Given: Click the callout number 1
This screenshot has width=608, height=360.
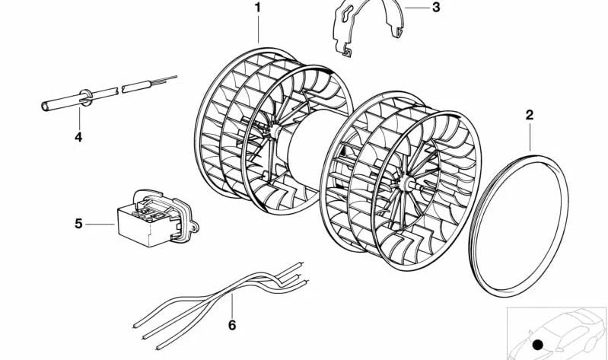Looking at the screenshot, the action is click(257, 8).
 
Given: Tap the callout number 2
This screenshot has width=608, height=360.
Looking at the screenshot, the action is click(530, 115).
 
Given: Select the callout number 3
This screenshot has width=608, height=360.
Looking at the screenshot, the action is click(436, 8).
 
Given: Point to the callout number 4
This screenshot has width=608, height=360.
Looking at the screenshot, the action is click(78, 137).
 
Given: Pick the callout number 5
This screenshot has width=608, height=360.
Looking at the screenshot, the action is click(78, 224).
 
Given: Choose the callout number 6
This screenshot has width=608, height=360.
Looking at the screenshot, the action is click(232, 325).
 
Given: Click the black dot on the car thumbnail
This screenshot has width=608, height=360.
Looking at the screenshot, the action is click(538, 345).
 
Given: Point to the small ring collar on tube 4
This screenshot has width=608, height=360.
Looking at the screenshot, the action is click(86, 98).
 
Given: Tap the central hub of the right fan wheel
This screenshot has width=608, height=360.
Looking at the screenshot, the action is click(406, 183).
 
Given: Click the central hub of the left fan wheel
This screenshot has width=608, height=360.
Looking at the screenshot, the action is click(274, 131).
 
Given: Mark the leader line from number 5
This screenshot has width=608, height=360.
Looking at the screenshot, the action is click(100, 225).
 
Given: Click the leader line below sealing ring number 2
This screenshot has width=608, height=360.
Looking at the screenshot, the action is click(530, 136).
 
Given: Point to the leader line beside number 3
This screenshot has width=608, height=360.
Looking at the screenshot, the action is click(416, 8).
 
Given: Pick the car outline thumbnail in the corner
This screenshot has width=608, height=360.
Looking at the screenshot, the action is click(557, 333).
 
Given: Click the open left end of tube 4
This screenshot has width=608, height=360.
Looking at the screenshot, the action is click(45, 106).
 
